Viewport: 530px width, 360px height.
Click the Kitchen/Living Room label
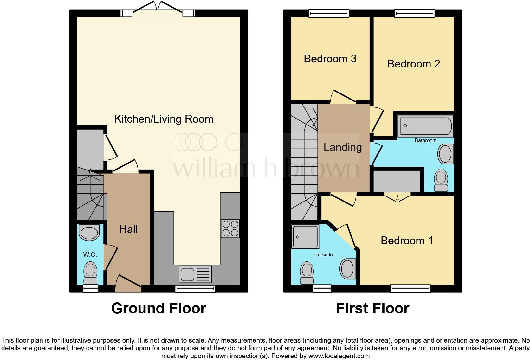[164, 119]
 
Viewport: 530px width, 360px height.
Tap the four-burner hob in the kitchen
[230, 228]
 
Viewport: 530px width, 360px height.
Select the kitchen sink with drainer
[195, 274]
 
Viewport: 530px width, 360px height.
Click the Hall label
[128, 229]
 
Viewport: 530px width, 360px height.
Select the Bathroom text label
[425, 140]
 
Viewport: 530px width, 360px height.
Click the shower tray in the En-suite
[305, 236]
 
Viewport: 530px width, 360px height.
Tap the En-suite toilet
[307, 273]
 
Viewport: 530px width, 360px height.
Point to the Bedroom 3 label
[330, 59]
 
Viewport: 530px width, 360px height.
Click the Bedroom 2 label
[413, 64]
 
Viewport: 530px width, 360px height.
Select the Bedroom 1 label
[407, 241]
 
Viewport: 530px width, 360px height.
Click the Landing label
[342, 147]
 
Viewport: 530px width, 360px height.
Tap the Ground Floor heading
[158, 308]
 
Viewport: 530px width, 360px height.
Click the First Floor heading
[372, 308]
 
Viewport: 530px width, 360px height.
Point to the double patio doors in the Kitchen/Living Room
[158, 10]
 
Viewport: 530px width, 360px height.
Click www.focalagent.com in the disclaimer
[339, 356]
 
